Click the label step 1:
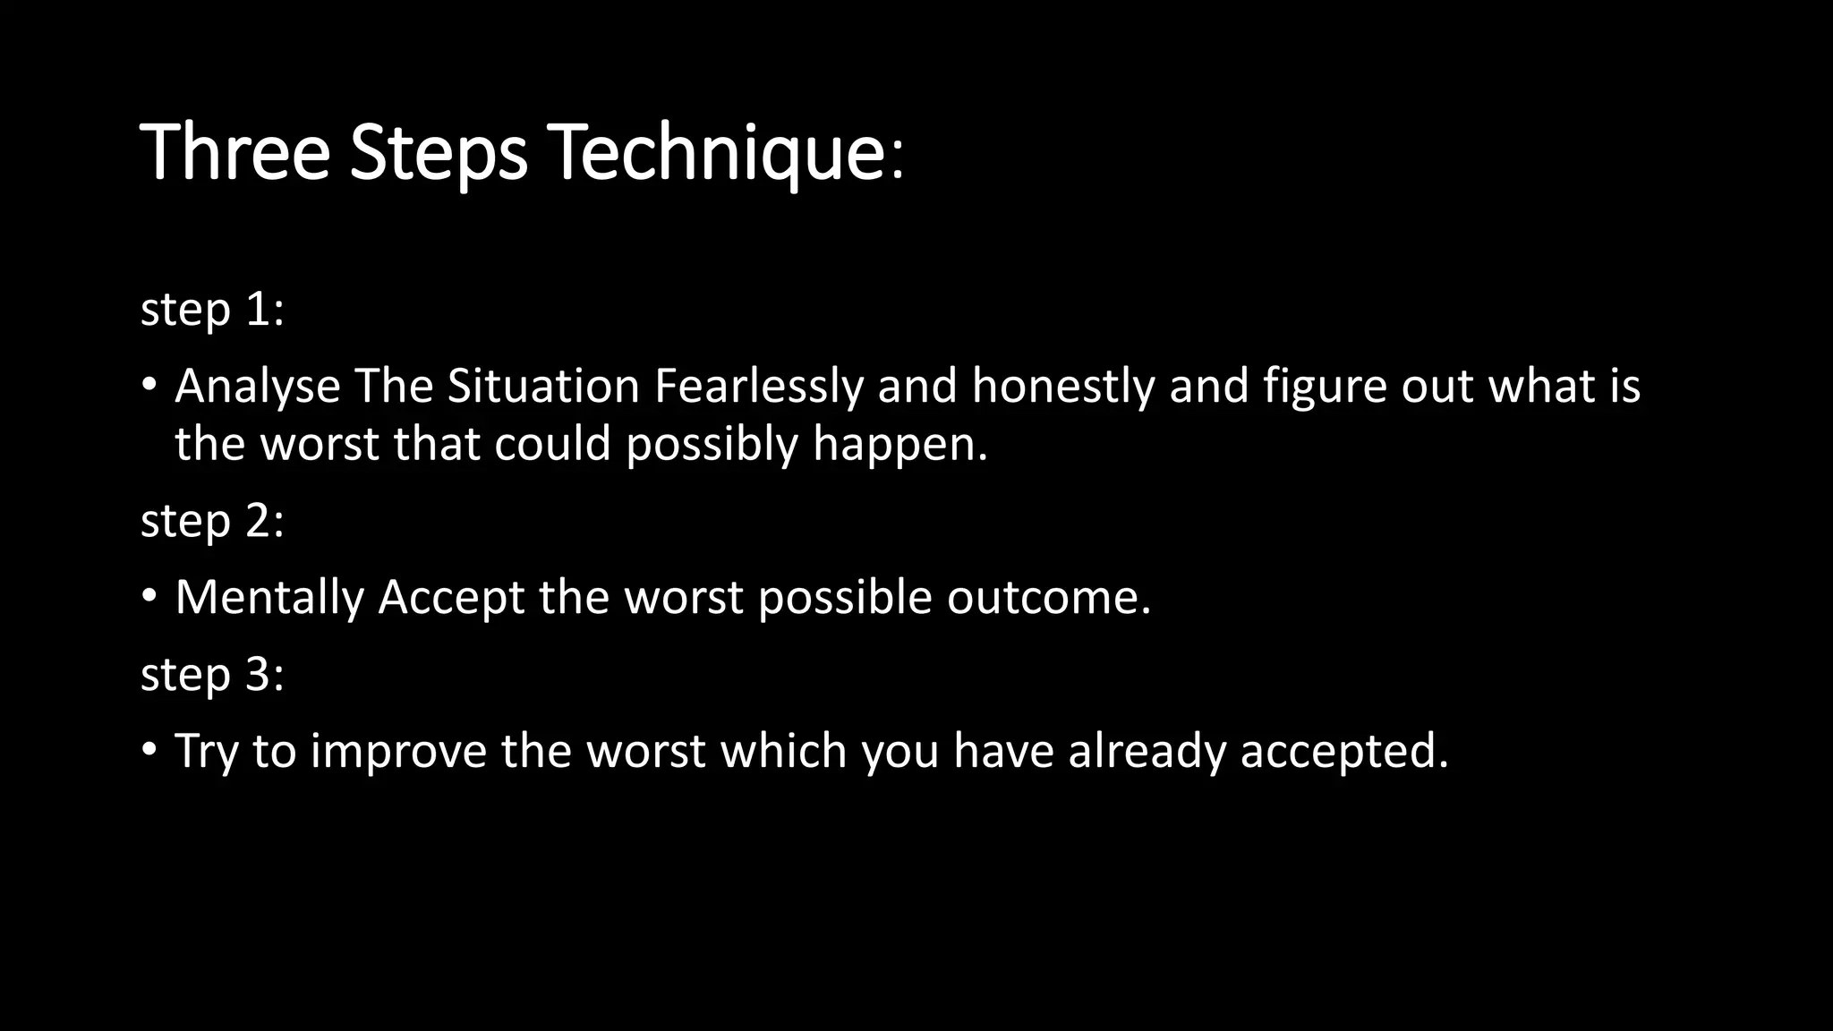pos(212,310)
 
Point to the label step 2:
pos(212,521)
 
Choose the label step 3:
pos(212,674)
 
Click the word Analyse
pos(258,387)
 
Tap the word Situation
pos(543,387)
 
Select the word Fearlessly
pos(759,387)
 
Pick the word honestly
pos(1063,387)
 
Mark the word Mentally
pos(269,598)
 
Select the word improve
pos(398,751)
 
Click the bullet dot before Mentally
pos(149,596)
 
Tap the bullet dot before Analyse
pos(149,385)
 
